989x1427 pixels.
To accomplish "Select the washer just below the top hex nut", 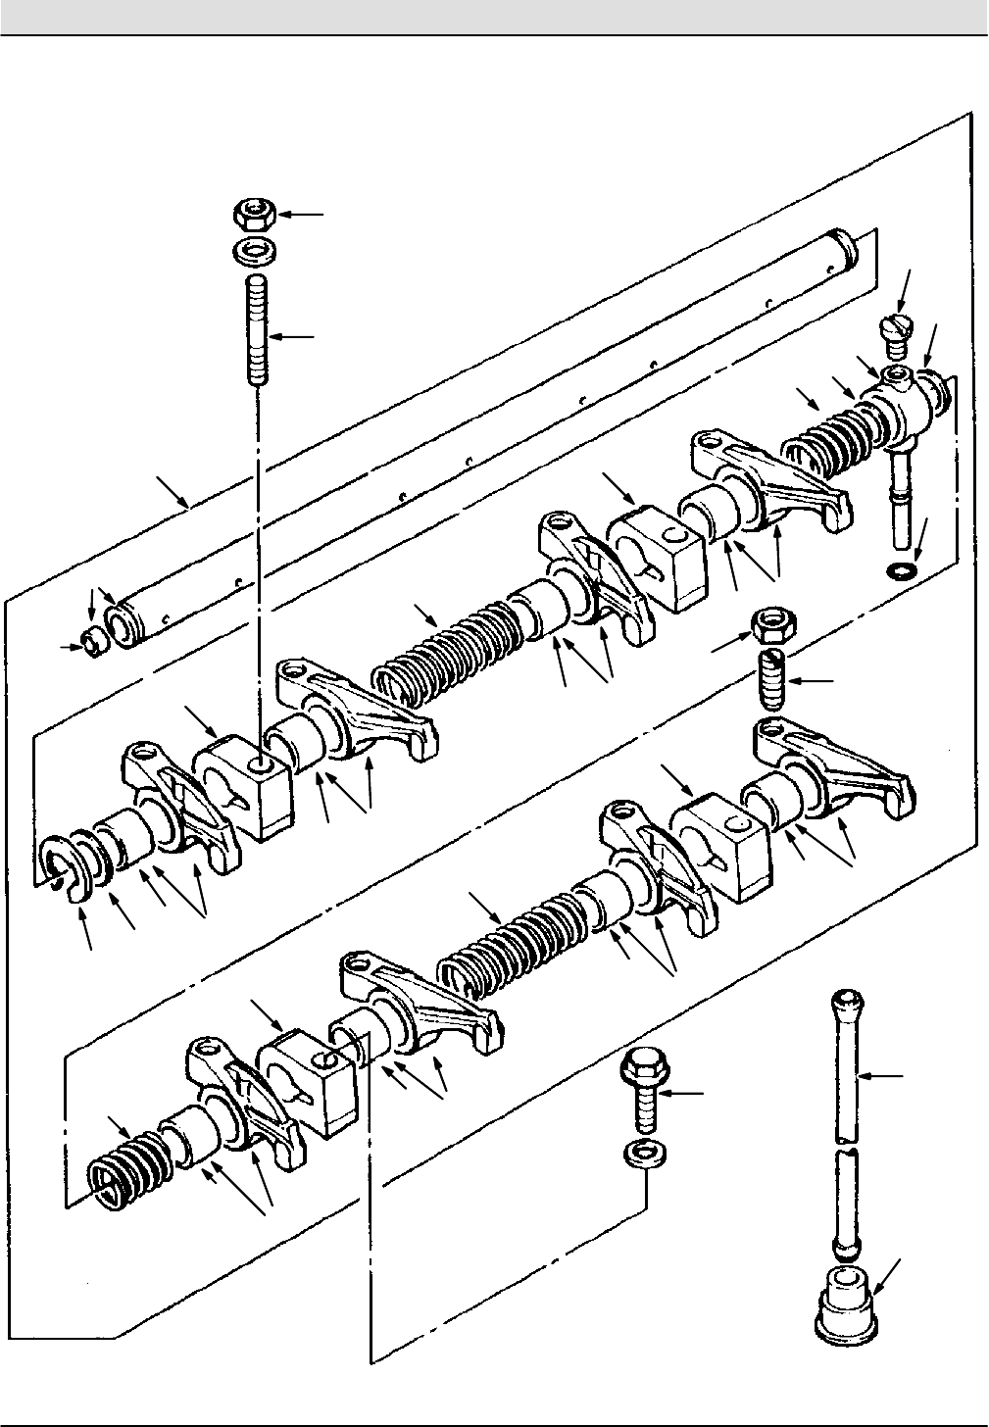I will click(254, 252).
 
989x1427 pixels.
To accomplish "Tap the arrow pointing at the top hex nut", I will click(304, 213).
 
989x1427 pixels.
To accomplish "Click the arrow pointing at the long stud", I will click(294, 337).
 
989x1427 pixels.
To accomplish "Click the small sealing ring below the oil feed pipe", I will click(901, 570).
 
